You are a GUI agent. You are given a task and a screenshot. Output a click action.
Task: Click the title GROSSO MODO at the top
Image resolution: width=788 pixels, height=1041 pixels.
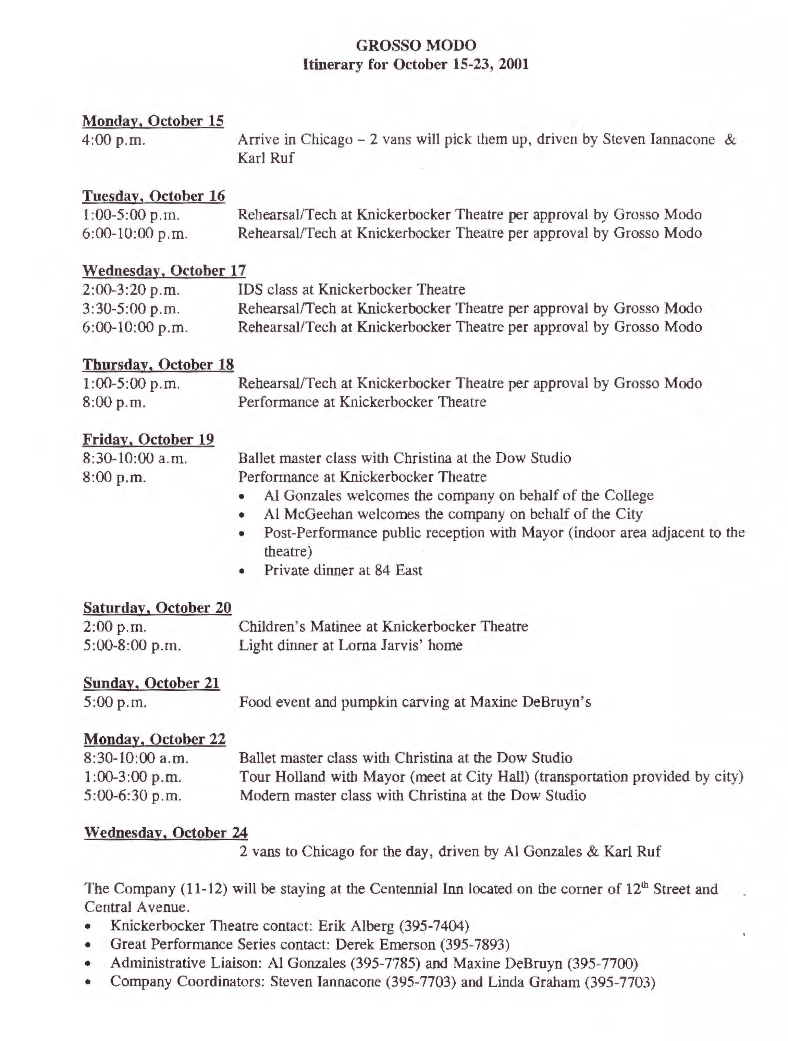click(x=416, y=45)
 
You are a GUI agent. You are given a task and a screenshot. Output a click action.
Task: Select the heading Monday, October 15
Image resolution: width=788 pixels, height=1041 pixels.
click(x=153, y=121)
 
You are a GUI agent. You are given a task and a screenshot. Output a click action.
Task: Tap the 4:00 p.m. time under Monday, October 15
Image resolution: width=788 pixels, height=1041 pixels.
click(x=114, y=140)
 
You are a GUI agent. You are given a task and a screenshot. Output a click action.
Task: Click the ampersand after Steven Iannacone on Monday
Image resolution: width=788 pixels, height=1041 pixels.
click(x=730, y=139)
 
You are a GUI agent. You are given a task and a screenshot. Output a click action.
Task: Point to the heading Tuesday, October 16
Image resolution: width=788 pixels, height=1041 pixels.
click(x=153, y=196)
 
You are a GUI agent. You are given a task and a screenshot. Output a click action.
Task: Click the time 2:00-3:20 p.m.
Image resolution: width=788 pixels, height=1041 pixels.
click(x=131, y=289)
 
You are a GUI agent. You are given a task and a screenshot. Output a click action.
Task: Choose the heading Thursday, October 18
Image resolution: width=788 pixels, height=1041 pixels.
click(x=158, y=364)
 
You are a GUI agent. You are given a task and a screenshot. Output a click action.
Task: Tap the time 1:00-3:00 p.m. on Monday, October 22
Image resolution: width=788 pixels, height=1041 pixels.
click(x=132, y=777)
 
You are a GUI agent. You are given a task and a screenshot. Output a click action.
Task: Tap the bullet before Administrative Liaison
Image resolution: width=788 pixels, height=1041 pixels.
click(x=88, y=964)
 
